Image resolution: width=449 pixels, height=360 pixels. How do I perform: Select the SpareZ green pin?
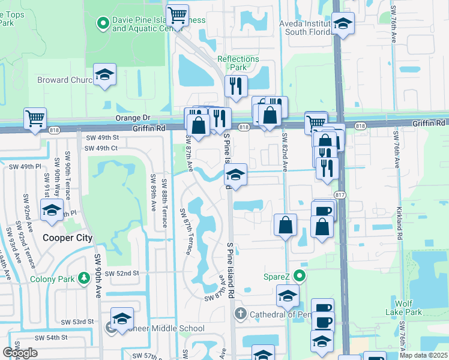pyautogui.click(x=300, y=277)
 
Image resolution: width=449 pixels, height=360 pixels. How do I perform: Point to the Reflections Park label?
pyautogui.click(x=238, y=63)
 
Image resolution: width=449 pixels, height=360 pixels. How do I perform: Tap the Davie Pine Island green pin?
pyautogui.click(x=102, y=23)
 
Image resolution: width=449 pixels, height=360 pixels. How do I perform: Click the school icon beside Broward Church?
pyautogui.click(x=104, y=75)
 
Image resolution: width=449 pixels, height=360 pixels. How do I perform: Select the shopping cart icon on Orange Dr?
pyautogui.click(x=35, y=118)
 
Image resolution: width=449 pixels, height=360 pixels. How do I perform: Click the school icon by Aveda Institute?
pyautogui.click(x=343, y=24)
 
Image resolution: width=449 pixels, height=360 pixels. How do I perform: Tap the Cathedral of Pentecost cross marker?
pyautogui.click(x=240, y=314)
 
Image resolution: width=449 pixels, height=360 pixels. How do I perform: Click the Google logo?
pyautogui.click(x=20, y=353)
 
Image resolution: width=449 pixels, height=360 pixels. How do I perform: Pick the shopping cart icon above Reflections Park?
pyautogui.click(x=176, y=14)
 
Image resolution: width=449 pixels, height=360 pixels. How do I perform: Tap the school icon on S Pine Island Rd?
pyautogui.click(x=235, y=175)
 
